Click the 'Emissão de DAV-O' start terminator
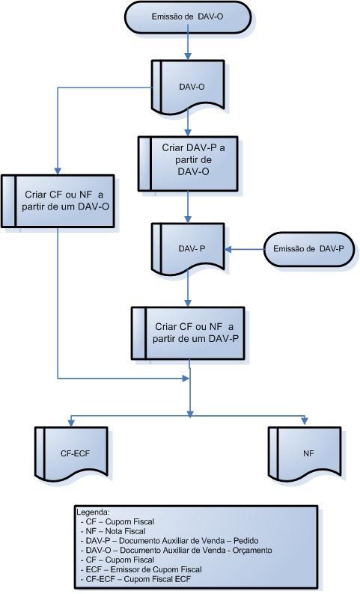188,17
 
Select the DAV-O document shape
189,86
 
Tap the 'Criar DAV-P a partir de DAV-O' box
189,164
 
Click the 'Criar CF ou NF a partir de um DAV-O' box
58,200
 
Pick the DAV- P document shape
189,248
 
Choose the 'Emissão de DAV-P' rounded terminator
309,249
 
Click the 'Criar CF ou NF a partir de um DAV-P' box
188,333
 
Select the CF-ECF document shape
71,453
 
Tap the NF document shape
305,453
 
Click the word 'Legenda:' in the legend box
94,512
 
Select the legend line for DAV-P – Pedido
170,541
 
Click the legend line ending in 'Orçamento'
177,550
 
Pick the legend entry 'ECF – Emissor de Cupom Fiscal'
141,569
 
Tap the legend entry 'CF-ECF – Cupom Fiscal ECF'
136,579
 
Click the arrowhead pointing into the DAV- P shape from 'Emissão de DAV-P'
228,249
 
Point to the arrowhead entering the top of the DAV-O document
188,56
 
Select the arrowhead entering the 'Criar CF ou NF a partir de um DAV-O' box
58,171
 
